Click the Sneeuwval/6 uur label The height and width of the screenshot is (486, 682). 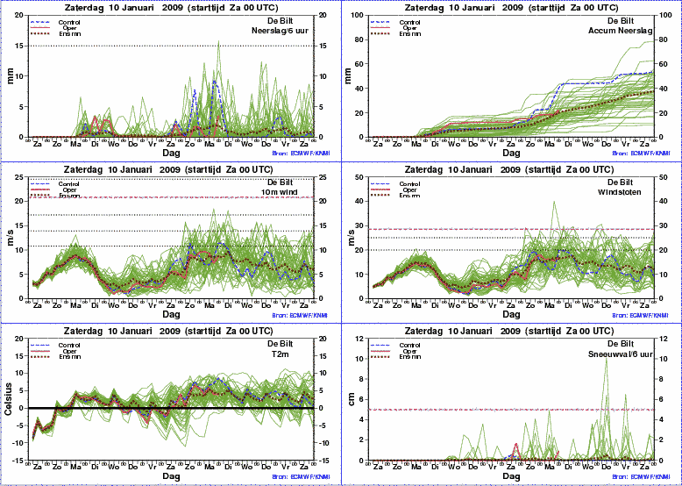pyautogui.click(x=626, y=354)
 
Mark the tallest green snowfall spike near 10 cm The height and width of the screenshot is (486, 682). pyautogui.click(x=605, y=361)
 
